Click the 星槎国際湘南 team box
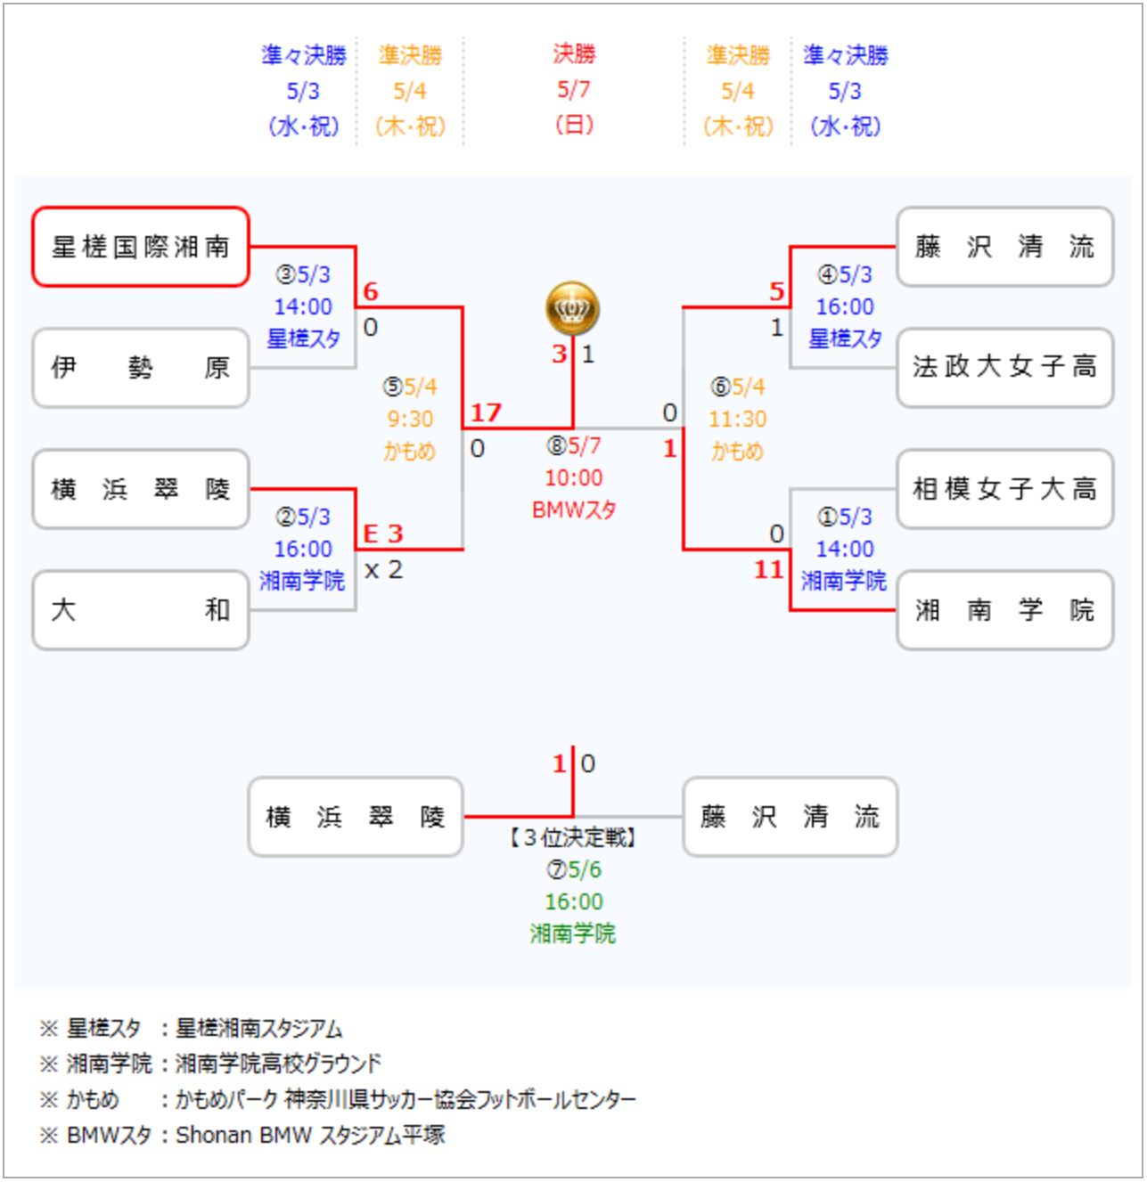(x=141, y=247)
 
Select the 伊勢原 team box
(x=141, y=368)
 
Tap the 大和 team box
(x=141, y=610)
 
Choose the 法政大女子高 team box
(x=1004, y=368)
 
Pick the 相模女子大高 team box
(x=1004, y=489)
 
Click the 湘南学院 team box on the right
(x=1004, y=610)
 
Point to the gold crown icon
(x=572, y=308)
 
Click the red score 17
(x=486, y=413)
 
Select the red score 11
(x=768, y=570)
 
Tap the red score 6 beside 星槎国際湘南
(x=371, y=292)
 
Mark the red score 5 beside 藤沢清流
(x=776, y=292)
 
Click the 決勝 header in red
(x=573, y=54)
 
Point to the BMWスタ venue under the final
(x=573, y=510)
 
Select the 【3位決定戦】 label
(x=573, y=837)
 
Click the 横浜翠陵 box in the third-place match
(x=356, y=817)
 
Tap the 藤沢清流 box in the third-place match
(x=790, y=817)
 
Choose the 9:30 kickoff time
(x=410, y=419)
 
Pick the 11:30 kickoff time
(x=737, y=419)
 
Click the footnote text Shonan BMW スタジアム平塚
(x=310, y=1136)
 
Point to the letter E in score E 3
(x=371, y=534)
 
